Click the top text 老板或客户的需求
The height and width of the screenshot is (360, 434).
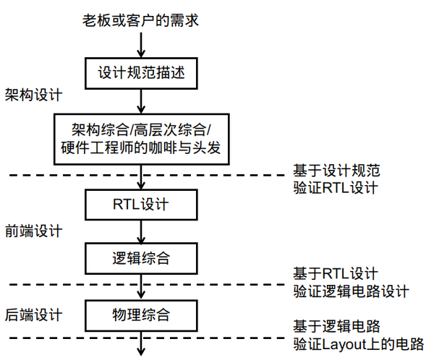(x=141, y=20)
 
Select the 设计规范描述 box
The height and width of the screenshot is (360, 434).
(x=141, y=73)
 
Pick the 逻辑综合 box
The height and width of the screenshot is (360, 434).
(x=141, y=256)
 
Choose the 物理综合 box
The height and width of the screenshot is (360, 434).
(x=141, y=314)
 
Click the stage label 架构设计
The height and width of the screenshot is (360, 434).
(x=33, y=96)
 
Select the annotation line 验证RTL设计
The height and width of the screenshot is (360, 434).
(x=336, y=189)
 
